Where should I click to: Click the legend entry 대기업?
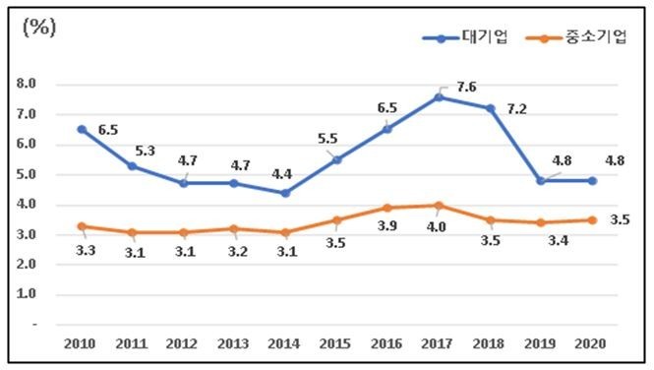[x=483, y=37]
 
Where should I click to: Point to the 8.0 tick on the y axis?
[x=27, y=85]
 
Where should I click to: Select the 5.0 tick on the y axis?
[x=27, y=175]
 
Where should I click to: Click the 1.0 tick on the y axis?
[x=27, y=294]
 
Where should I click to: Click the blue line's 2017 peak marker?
[x=439, y=96]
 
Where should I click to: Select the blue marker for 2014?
[x=285, y=193]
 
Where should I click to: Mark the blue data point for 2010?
[x=81, y=129]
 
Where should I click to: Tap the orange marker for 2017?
[x=439, y=205]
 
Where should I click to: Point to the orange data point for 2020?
[x=592, y=219]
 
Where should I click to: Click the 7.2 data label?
[x=516, y=108]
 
